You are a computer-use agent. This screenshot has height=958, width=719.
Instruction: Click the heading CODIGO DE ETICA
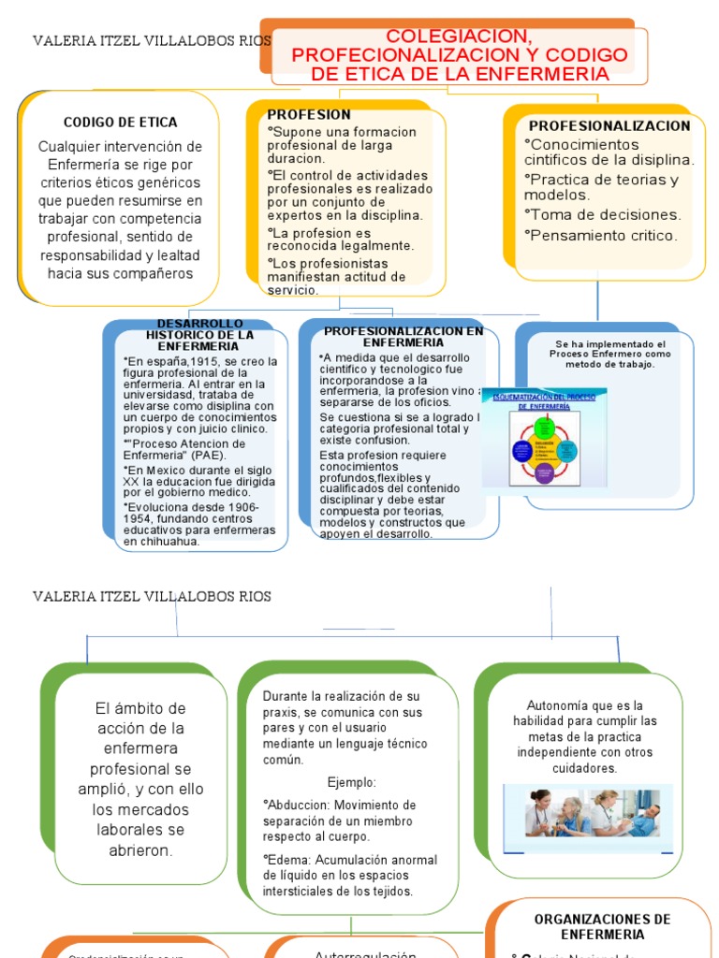pyautogui.click(x=120, y=123)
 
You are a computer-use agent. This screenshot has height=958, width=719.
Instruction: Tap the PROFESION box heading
pyautogui.click(x=309, y=115)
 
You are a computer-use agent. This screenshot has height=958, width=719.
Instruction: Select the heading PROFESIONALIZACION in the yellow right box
pyautogui.click(x=609, y=125)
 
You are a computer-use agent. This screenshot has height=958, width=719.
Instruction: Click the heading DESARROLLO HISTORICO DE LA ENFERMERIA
pyautogui.click(x=199, y=334)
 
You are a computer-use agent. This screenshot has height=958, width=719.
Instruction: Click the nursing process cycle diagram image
pyautogui.click(x=544, y=438)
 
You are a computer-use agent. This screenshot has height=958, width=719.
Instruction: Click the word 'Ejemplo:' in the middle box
pyautogui.click(x=352, y=782)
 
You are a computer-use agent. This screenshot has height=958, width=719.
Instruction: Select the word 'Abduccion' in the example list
pyautogui.click(x=299, y=806)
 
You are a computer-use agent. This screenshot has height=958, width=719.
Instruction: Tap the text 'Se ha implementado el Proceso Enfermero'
pyautogui.click(x=609, y=350)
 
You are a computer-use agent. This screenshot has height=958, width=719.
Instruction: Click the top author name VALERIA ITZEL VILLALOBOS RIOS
pyautogui.click(x=152, y=41)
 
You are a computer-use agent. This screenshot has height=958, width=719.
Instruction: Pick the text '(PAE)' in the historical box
pyautogui.click(x=201, y=456)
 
